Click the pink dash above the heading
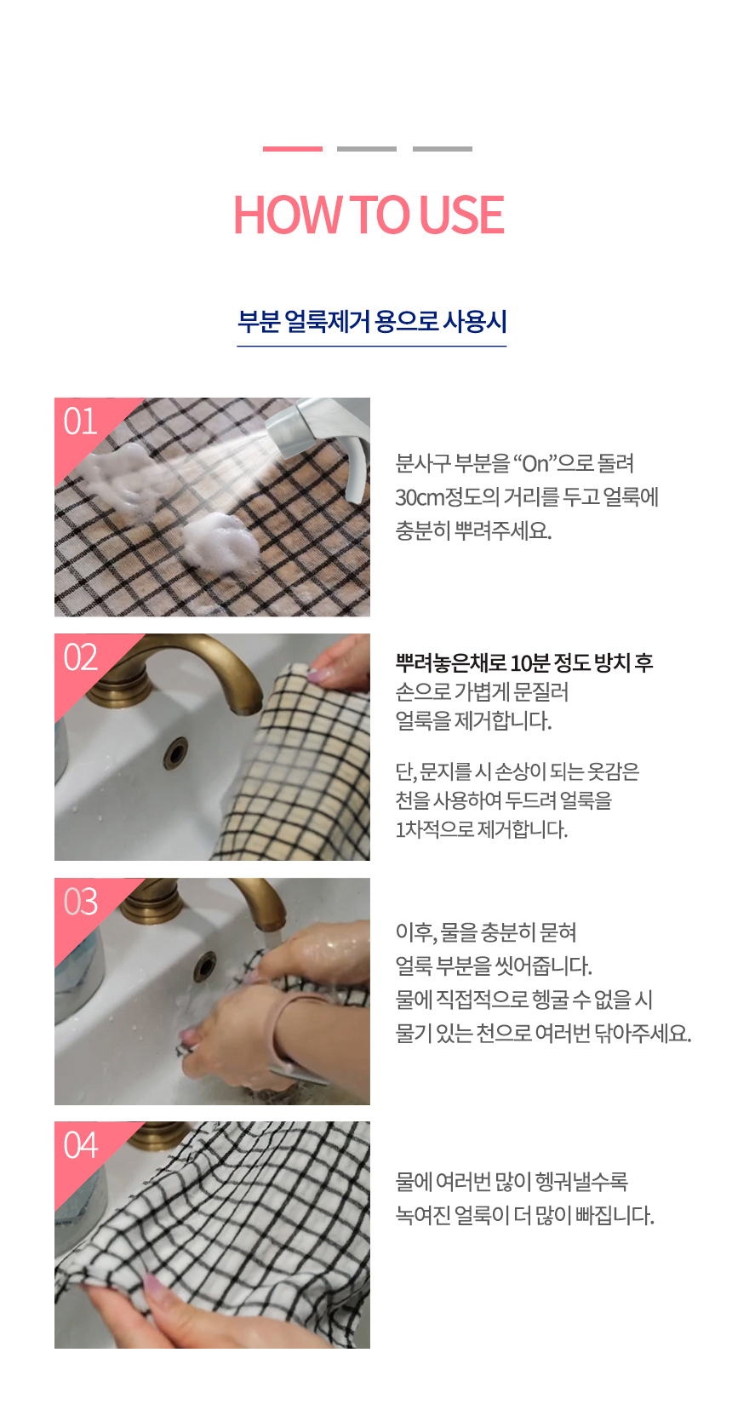pos(293,148)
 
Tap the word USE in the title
pos(462,215)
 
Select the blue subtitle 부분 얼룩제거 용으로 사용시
pos(372,321)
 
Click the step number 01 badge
pos(81,421)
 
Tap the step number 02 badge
pos(81,657)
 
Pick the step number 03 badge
pos(81,902)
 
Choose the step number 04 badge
pos(81,1145)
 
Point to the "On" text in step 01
pos(535,463)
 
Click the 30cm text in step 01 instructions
pos(420,497)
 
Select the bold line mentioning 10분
pos(524,662)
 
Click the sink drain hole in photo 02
pos(175,753)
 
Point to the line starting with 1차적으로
pos(482,829)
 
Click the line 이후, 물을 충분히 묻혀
pos(486,932)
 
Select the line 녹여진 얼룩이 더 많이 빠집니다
pos(525,1215)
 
